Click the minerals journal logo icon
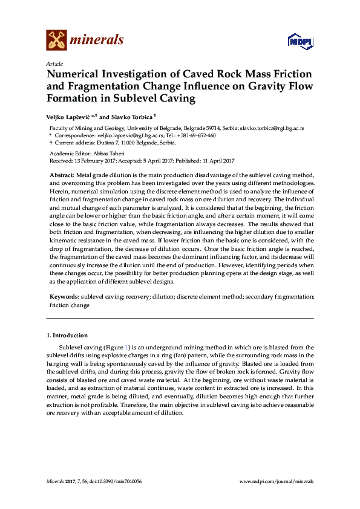(x=56, y=40)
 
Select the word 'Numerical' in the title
(x=73, y=74)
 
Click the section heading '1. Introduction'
(x=67, y=335)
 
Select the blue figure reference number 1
(x=126, y=348)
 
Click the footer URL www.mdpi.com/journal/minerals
(x=277, y=482)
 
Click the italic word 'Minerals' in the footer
(x=56, y=482)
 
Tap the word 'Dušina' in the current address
(x=99, y=143)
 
